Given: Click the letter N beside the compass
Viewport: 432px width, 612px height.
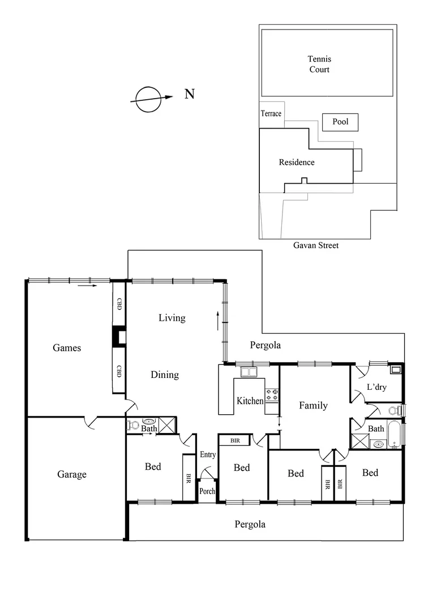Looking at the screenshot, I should point(190,94).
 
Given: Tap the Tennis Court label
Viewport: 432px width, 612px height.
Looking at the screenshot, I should point(319,64).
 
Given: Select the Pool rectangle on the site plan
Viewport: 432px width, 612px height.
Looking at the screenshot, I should point(340,122).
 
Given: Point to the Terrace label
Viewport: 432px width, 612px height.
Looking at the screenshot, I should point(271,114).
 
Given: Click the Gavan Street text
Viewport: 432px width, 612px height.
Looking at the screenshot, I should point(316,245).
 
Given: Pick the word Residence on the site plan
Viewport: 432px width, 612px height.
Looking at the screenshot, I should point(297,163).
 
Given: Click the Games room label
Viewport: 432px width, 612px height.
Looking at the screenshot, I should point(67,348).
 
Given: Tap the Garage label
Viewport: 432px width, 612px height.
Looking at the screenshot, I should point(72,474).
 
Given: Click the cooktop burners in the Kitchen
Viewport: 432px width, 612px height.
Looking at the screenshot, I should point(272,394).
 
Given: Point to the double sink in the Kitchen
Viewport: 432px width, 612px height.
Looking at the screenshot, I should point(248,372).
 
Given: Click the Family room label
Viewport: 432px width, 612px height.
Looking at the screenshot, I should point(313,406).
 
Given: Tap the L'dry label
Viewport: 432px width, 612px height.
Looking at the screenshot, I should point(377,388).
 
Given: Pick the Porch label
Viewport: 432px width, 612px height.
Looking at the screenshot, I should point(207,491).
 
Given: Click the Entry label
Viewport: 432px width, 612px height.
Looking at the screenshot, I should point(208,454).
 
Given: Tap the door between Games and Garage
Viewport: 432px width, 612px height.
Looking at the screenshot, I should point(91,422).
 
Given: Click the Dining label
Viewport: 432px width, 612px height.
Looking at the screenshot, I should point(165,375).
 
